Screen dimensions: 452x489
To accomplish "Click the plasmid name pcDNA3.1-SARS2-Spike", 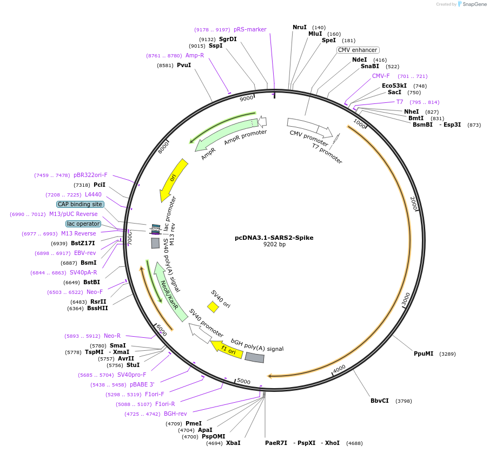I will tap(274, 237).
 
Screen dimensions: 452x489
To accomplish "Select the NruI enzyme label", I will tap(299, 27).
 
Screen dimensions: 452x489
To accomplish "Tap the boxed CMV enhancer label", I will tap(358, 50).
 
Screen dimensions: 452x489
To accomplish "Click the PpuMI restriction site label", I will tap(424, 353).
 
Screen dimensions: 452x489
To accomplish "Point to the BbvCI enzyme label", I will tap(379, 401).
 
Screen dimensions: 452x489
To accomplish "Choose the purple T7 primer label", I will tap(400, 102).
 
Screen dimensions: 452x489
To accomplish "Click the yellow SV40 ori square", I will tap(213, 307).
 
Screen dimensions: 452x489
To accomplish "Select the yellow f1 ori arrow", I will tap(226, 349).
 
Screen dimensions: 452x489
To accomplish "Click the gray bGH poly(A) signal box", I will tap(255, 357).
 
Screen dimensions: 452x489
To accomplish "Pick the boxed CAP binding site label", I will tap(80, 204).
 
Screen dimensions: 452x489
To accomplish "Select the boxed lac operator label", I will tap(83, 224).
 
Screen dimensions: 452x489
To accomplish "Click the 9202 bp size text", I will tap(274, 245).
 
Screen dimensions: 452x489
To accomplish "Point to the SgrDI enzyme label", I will tap(228, 39).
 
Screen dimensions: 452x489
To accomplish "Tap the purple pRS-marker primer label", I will tap(250, 29).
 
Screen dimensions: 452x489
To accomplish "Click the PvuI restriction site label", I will tap(184, 65).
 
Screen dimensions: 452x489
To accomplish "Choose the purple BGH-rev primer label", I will tap(175, 414).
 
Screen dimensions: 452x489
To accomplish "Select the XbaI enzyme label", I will tap(233, 443).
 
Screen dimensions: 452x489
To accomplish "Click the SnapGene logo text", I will tap(475, 4).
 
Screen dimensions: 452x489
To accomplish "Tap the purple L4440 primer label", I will tap(93, 194).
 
